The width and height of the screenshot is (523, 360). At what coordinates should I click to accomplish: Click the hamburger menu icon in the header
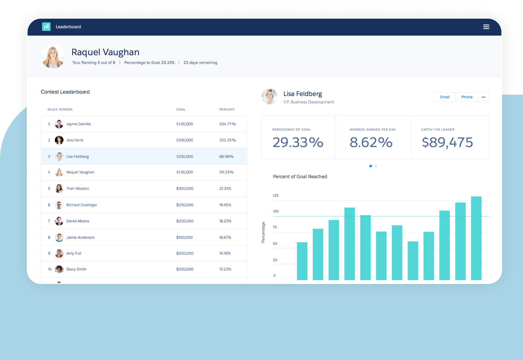(x=486, y=27)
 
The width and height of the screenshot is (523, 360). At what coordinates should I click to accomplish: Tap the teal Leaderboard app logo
(x=46, y=26)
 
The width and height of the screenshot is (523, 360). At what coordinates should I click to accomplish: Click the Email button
(x=445, y=97)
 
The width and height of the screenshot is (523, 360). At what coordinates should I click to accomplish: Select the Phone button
(x=467, y=97)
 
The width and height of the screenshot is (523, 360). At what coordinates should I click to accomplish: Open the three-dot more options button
(x=484, y=97)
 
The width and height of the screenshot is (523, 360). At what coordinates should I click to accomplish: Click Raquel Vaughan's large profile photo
(x=53, y=57)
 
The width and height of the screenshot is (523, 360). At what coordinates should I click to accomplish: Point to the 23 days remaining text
(x=200, y=63)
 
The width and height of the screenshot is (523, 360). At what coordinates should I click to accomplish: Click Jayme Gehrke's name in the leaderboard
(x=78, y=124)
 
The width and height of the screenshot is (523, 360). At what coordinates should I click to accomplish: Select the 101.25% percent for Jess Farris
(x=227, y=140)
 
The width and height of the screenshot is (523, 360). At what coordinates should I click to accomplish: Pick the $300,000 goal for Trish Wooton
(x=185, y=189)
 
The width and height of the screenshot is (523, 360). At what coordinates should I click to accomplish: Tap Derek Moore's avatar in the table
(x=59, y=221)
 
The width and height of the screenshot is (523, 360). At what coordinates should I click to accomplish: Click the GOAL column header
(x=181, y=110)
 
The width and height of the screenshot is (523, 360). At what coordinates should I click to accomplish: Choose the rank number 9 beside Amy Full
(x=49, y=253)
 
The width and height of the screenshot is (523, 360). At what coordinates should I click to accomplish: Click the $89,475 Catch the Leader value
(x=447, y=142)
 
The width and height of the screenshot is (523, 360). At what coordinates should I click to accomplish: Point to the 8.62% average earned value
(x=371, y=142)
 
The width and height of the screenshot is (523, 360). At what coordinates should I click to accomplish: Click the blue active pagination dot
(x=370, y=166)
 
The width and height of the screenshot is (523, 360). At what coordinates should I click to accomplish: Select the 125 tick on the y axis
(x=275, y=195)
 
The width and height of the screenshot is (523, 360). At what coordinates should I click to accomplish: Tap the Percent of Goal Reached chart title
(x=300, y=177)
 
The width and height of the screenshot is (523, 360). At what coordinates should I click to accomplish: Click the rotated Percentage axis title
(x=263, y=233)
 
